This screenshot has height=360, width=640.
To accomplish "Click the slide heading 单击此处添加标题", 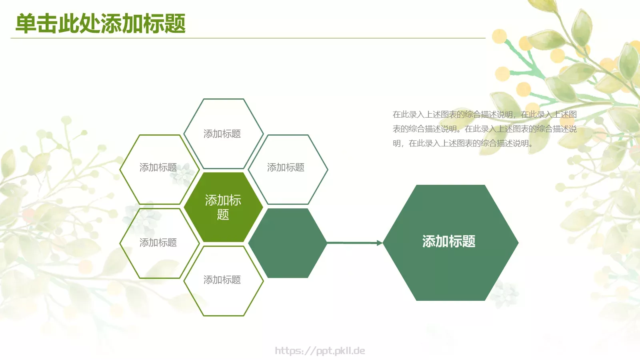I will coord(100,23).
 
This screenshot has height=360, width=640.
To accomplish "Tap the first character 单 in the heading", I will coord(26,23).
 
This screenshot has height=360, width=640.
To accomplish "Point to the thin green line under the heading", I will coord(248,38).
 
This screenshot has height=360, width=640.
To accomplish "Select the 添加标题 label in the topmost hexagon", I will coord(222,134).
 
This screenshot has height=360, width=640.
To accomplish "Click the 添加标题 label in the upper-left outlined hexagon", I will coord(158,167).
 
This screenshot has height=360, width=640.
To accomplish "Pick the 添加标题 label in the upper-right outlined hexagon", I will coord(286,167).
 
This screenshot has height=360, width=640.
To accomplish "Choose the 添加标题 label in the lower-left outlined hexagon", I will coord(158,242).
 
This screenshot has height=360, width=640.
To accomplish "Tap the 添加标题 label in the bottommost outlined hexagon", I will coord(222,280).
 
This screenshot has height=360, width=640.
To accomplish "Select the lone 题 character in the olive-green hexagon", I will coord(223,215).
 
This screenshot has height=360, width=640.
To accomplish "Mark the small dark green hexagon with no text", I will coord(287,243).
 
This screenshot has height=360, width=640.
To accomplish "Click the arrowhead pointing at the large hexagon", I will coord(379,243).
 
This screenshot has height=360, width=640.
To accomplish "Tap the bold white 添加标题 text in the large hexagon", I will coord(449,241).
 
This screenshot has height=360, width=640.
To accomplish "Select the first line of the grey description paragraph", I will coord(484,114).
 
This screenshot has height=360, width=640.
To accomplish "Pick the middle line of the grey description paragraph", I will coord(484,129).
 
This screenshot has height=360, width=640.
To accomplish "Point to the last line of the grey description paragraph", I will coord(462,143).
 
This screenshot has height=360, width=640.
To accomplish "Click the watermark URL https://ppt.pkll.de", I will coord(320,351).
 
